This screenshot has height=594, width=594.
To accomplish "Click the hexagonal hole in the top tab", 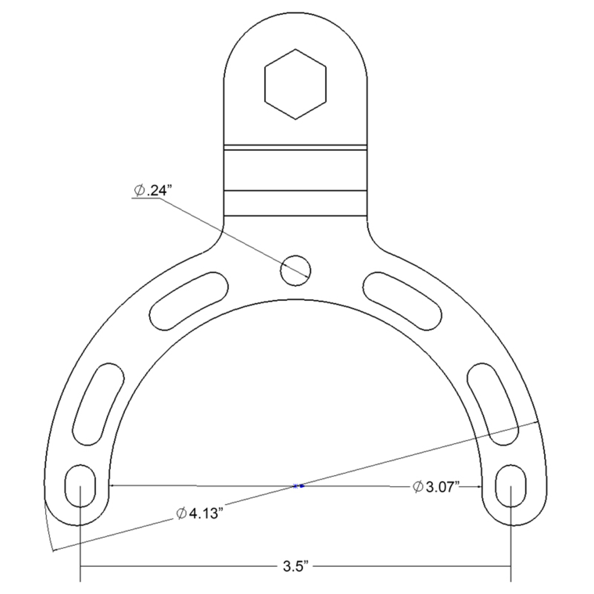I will pos(295,84).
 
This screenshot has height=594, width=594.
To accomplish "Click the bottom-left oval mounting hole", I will pos(80,485).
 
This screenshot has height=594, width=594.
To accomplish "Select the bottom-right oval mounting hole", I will pos(511,485).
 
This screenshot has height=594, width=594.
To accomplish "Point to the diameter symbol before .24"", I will pos(139,191).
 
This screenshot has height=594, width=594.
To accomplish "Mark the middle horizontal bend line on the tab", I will pos(295,191).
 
